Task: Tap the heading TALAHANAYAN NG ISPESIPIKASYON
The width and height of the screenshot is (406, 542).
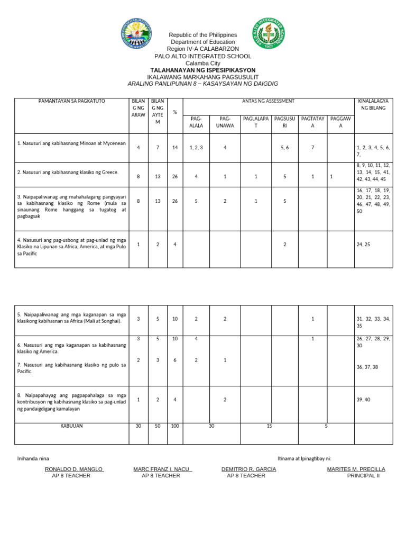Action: [203, 70]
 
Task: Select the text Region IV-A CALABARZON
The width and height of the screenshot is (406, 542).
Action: [203, 49]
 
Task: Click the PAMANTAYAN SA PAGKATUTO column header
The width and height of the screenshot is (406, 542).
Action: [71, 101]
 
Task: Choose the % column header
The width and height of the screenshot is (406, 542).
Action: [174, 112]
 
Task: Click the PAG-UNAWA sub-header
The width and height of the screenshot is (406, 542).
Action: [225, 122]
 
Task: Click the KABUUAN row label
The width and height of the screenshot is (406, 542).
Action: [71, 426]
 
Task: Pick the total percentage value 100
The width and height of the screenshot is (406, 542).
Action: [174, 426]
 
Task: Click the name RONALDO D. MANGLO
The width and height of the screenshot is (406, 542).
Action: [74, 469]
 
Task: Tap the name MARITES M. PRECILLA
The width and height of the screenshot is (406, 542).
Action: [356, 469]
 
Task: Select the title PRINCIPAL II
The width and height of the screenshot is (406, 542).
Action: [363, 475]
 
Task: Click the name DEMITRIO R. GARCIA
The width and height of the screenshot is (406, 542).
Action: [248, 469]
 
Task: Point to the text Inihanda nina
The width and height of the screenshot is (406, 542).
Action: [33, 458]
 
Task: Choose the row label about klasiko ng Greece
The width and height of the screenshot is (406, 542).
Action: [68, 172]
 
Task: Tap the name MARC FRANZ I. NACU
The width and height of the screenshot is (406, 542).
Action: [163, 469]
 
